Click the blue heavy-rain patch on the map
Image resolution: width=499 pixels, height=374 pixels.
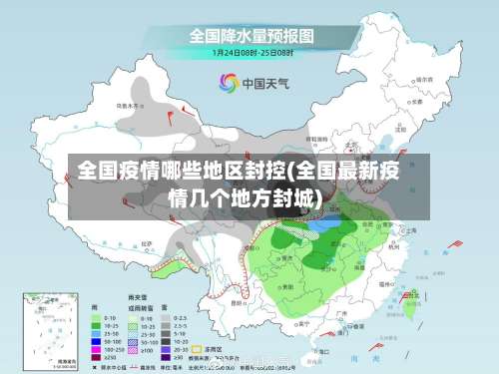coord(321,226)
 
